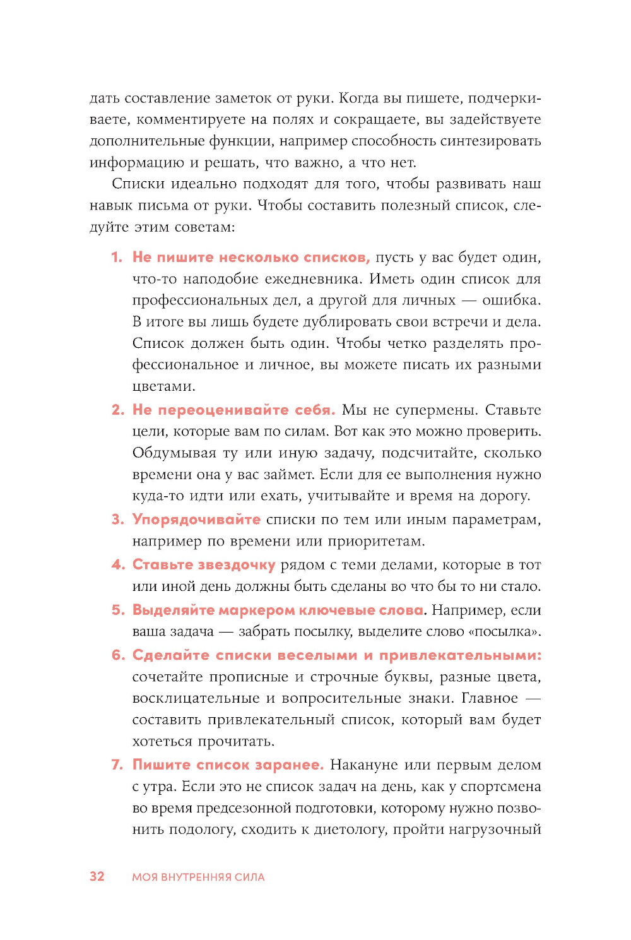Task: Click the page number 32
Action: pos(97,876)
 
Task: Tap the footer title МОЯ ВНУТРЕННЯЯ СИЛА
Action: pos(198,877)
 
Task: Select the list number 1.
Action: pos(117,257)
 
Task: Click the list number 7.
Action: pos(117,764)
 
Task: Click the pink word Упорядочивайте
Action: pos(196,520)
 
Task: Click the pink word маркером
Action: pos(250,610)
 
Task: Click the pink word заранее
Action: pos(289,765)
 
